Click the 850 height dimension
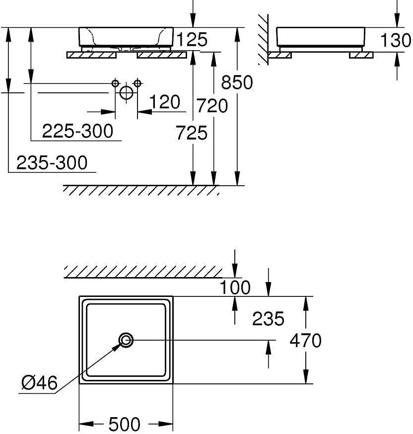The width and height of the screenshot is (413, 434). [237, 82]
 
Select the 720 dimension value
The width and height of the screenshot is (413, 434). [212, 105]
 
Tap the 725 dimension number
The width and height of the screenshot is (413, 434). [192, 133]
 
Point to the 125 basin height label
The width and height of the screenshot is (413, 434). [192, 39]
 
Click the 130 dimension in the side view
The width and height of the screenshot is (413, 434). [396, 40]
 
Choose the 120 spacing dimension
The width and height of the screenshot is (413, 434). [165, 102]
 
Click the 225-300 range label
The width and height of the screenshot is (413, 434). [78, 131]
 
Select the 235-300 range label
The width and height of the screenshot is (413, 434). [52, 162]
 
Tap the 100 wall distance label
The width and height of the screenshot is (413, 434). [235, 287]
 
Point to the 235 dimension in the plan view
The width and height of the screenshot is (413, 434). [268, 318]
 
